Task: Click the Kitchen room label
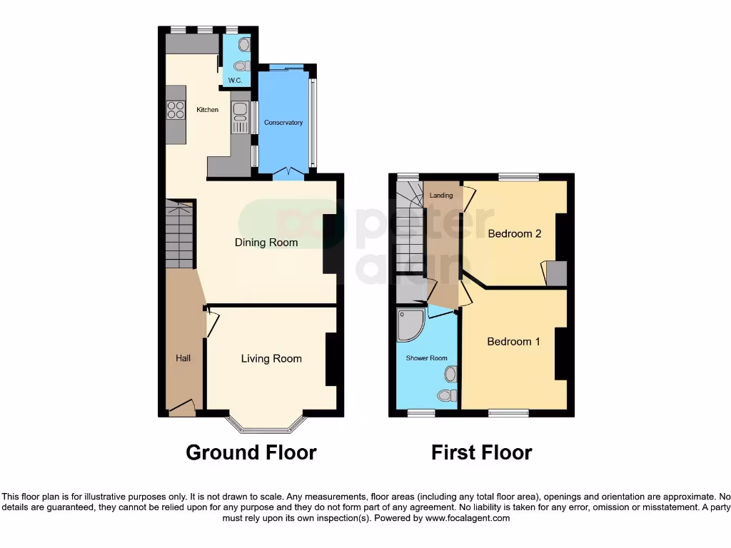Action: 208,110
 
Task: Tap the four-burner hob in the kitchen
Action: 176,110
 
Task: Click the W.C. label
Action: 236,80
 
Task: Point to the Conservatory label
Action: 283,123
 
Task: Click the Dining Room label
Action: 266,243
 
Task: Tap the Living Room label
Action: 271,359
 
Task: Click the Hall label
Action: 183,358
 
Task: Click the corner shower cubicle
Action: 409,324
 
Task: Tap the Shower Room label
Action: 427,358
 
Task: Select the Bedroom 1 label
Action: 514,342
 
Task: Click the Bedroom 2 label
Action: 515,234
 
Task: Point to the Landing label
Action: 441,195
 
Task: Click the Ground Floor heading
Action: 251,452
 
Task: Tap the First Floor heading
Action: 482,452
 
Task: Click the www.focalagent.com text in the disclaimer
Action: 468,519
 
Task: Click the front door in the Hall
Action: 182,409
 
